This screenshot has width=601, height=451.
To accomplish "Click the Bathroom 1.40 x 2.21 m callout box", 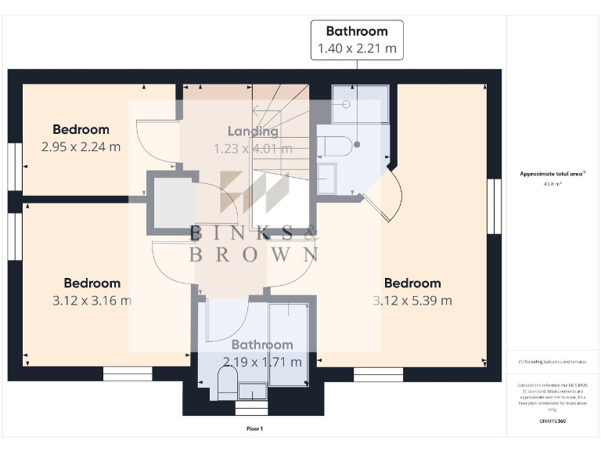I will pos(357,40).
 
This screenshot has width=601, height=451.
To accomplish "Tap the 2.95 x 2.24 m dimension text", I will pos(81,146).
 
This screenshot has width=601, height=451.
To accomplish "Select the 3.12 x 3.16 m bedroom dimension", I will pos(92,300).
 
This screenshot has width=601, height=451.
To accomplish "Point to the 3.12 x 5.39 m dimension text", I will pos(412,300).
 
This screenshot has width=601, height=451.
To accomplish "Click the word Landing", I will pos(253,132).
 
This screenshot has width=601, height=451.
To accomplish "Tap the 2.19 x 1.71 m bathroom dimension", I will pos(262,362).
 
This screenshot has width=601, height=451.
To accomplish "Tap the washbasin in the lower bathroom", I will pos(252,390).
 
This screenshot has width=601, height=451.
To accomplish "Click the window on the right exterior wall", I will pos(494,206).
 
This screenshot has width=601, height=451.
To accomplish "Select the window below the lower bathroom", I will pos(251,408).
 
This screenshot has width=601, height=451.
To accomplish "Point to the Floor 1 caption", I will pos(255,429).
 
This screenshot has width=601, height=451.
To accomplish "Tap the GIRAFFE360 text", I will pos(552,421).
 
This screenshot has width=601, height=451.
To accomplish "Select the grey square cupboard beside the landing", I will pos(171,203).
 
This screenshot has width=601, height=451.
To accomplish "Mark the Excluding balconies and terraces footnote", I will pos(552,362).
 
